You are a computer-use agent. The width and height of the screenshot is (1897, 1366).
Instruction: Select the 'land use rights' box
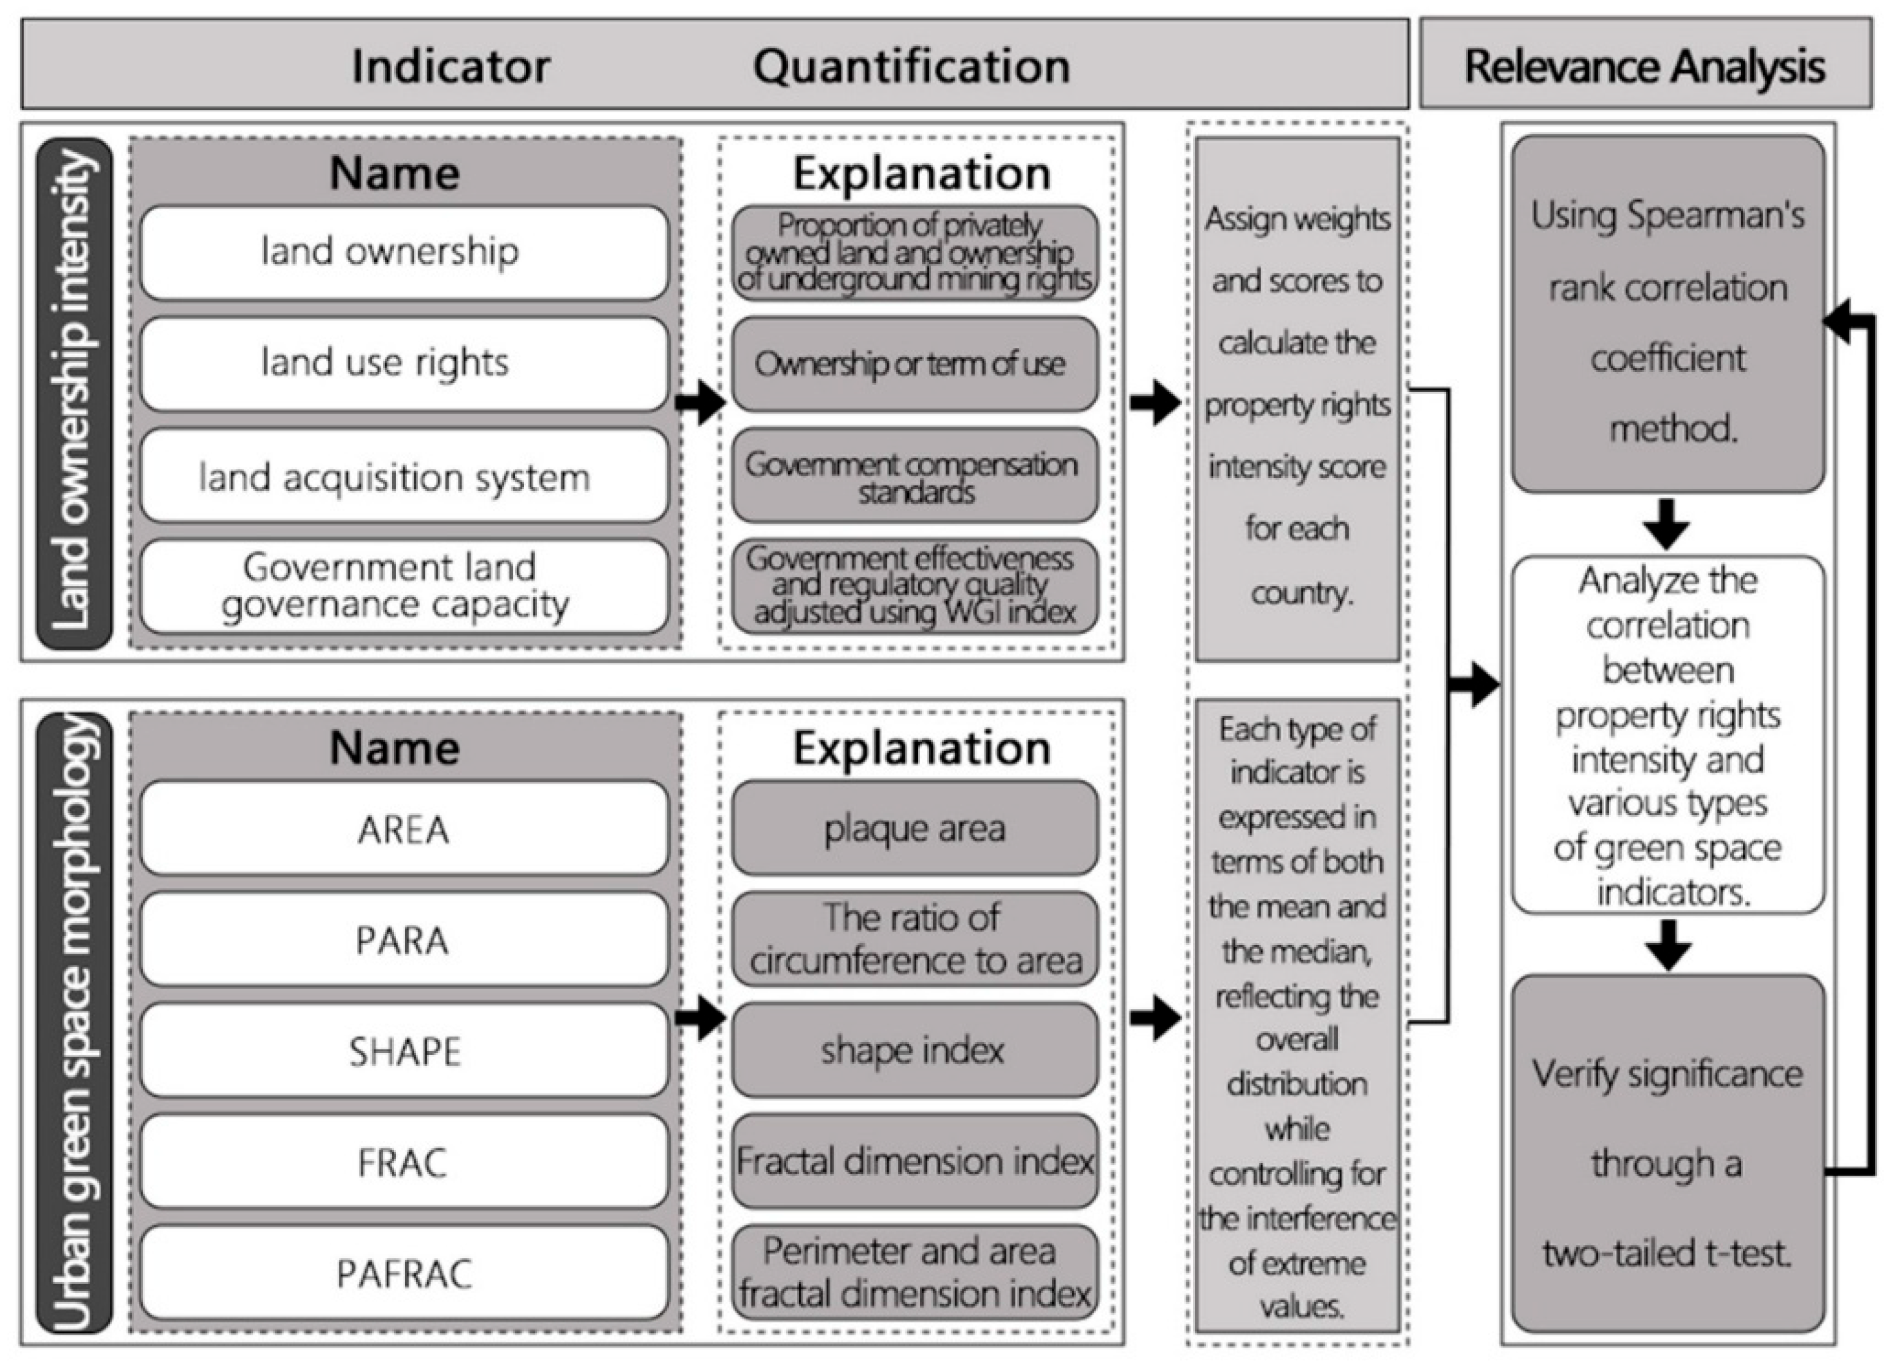point(404,364)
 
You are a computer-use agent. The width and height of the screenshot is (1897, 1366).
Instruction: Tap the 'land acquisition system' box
point(404,476)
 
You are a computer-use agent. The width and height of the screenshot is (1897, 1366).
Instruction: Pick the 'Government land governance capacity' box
point(404,587)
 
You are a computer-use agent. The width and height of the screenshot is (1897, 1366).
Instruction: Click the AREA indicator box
point(404,828)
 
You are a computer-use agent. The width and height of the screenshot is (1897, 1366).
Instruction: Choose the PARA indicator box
point(404,940)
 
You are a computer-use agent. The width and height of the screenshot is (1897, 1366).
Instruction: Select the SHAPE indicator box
point(404,1051)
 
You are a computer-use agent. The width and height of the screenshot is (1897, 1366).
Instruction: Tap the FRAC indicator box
point(404,1162)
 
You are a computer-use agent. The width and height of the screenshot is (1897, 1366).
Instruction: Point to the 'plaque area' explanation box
point(914,828)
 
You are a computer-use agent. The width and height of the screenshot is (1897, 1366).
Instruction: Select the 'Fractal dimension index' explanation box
point(914,1162)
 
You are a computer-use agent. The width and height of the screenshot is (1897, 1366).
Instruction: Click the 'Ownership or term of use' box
point(914,364)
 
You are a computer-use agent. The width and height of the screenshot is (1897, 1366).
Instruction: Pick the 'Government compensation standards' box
point(914,476)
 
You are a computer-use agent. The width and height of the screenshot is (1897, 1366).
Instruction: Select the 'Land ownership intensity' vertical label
point(74,393)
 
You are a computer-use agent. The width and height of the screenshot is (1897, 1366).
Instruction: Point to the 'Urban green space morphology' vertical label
point(74,1022)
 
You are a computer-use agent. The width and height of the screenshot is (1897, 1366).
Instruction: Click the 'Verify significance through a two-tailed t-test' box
point(1667,1163)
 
